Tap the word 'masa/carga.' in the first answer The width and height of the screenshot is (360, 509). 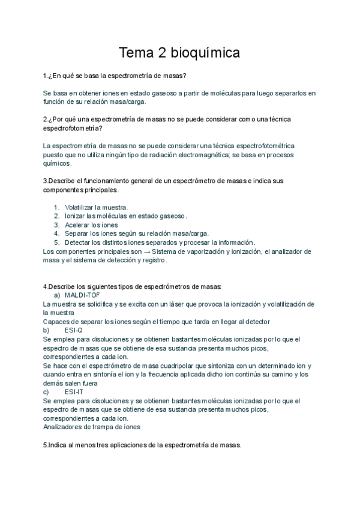pos(118,101)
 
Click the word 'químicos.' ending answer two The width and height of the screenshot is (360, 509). pos(58,163)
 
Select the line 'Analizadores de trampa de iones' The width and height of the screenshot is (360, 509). pos(92,427)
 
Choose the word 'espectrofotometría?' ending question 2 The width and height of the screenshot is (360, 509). pos(73,128)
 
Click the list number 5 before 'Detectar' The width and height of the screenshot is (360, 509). pos(56,242)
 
